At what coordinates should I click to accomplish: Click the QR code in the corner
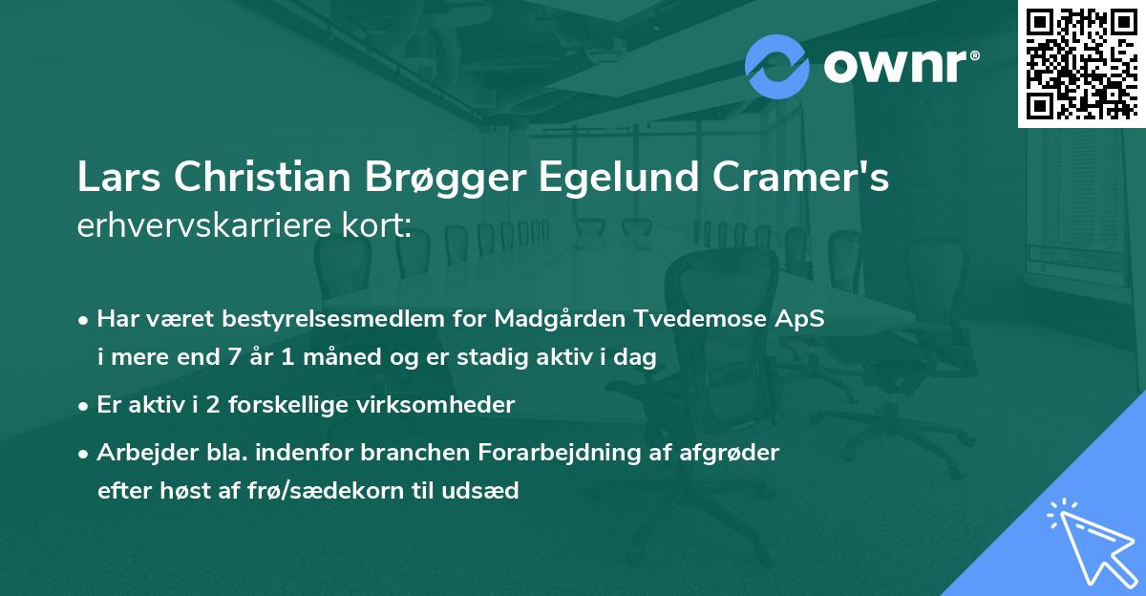point(1081,64)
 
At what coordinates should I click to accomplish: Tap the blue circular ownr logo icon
point(777,67)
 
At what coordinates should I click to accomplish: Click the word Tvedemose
point(694,320)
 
